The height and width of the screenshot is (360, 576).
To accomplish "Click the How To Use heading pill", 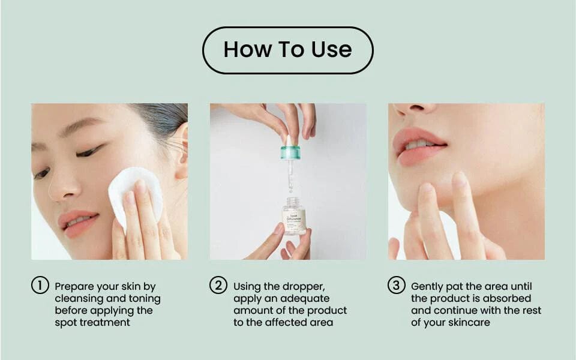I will tap(288, 50).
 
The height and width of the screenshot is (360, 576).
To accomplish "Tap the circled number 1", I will tap(40, 286).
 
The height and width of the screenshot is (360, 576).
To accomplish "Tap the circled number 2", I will tap(218, 286).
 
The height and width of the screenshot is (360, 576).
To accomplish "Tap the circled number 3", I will tap(396, 286).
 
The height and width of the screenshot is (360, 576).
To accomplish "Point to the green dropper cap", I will tap(290, 152).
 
